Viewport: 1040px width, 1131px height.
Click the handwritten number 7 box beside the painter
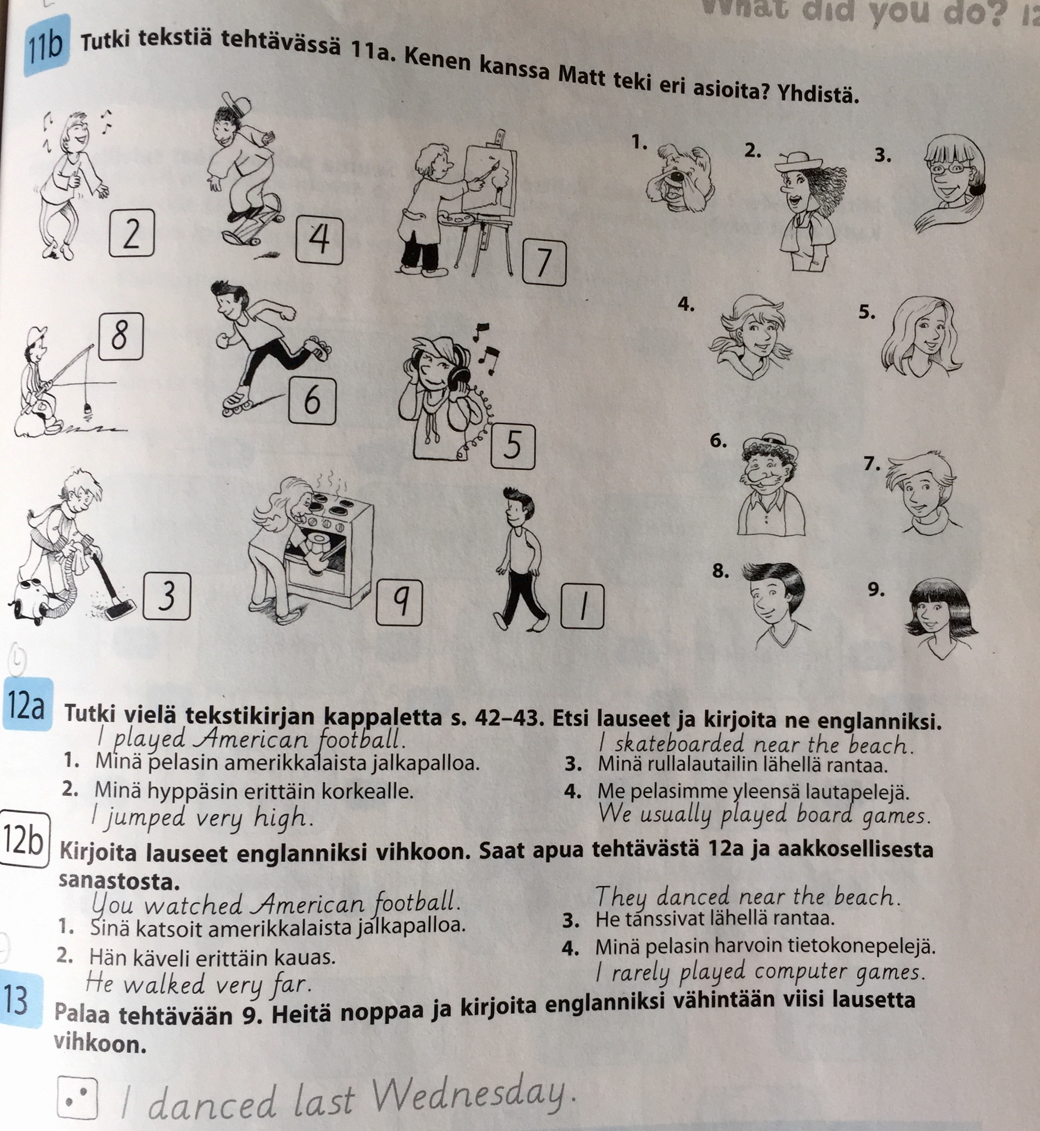[x=544, y=262]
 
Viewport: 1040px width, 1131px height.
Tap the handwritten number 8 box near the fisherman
[x=121, y=336]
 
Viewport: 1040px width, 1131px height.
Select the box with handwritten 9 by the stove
[x=399, y=602]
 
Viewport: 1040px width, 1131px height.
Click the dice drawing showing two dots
[x=78, y=1099]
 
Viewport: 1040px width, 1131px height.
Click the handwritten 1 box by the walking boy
[x=582, y=606]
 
